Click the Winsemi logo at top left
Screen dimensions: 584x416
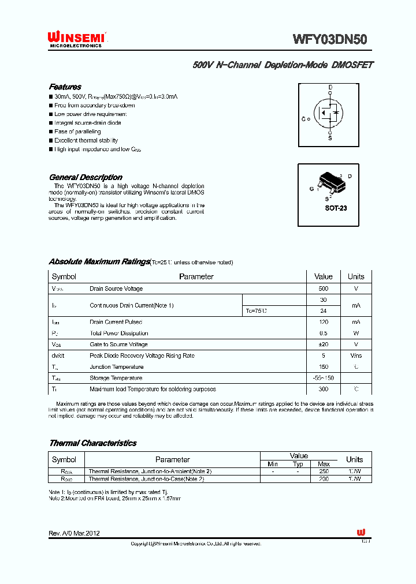click(76, 38)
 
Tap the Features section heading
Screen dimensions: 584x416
click(65, 87)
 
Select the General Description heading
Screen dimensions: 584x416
click(86, 177)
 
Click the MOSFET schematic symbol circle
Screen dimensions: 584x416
click(328, 113)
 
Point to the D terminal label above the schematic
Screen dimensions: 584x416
click(330, 88)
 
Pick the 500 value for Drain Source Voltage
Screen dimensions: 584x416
click(324, 289)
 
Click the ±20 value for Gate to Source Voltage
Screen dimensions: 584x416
click(324, 345)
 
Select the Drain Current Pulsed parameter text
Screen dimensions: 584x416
click(116, 322)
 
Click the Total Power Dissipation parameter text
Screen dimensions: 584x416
click(118, 334)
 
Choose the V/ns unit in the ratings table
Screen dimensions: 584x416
click(356, 356)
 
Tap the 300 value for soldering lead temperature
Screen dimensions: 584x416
click(324, 390)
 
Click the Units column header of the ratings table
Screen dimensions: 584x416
click(356, 276)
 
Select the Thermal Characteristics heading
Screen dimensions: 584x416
click(92, 443)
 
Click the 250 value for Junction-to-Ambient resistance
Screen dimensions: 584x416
click(324, 471)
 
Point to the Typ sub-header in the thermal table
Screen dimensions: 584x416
click(298, 464)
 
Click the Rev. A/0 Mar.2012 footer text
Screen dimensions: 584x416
click(75, 533)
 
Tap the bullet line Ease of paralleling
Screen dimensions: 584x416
click(77, 132)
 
